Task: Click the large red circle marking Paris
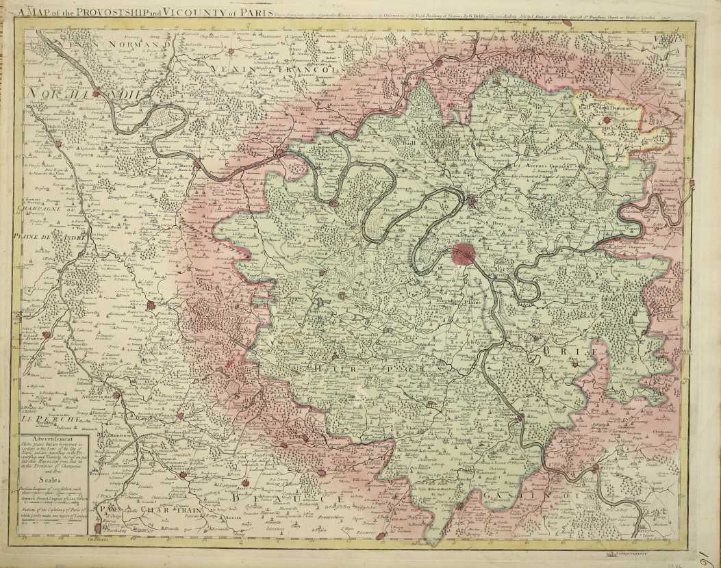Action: coord(464,254)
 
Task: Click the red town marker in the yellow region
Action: coord(607,121)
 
